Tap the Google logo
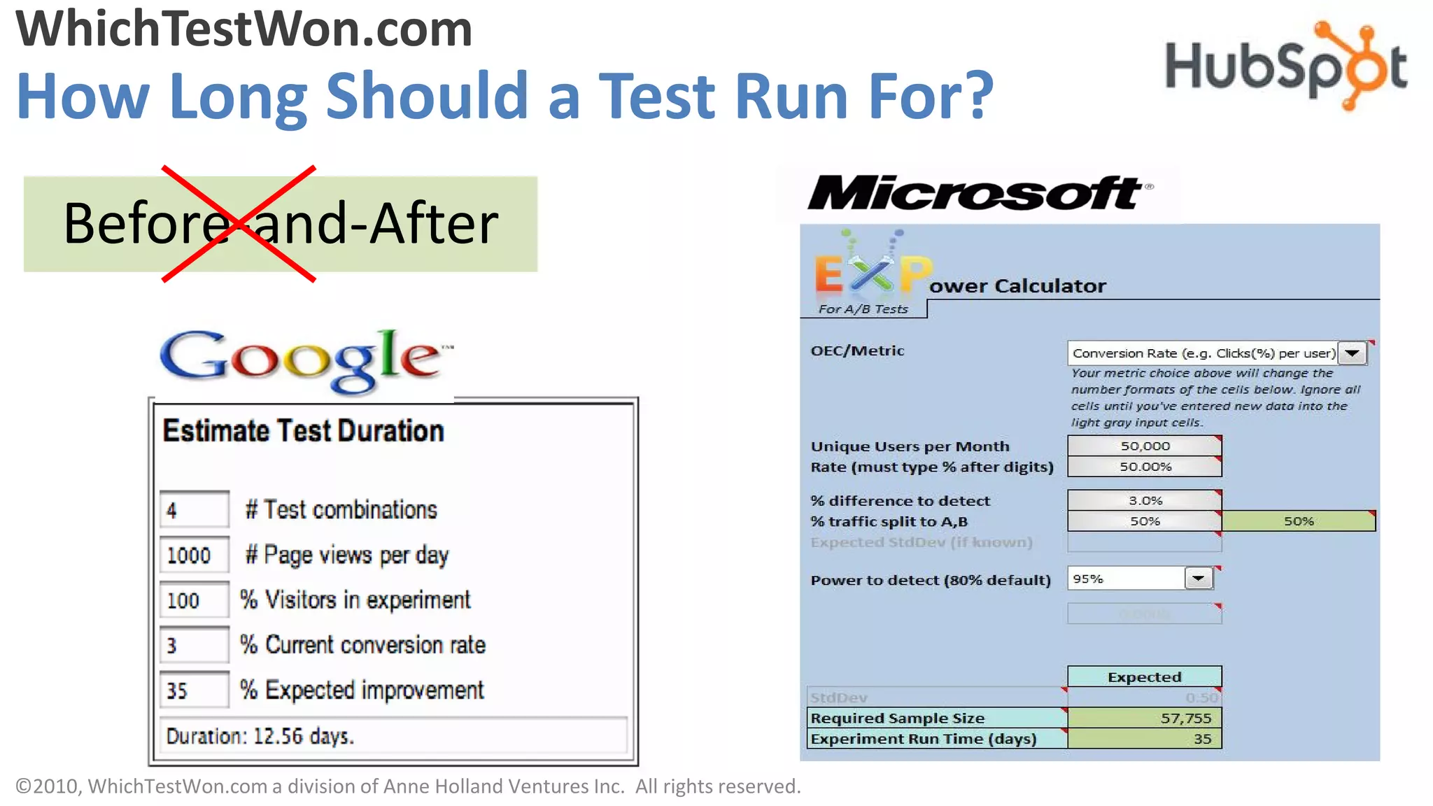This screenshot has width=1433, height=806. click(x=306, y=358)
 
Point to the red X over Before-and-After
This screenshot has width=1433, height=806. click(x=239, y=224)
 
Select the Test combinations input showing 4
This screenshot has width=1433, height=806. click(x=194, y=509)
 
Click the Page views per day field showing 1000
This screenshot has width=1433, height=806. click(x=194, y=555)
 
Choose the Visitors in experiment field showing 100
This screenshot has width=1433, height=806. click(x=194, y=600)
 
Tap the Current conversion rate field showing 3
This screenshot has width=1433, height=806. click(x=194, y=645)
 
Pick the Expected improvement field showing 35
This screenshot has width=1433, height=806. click(x=194, y=691)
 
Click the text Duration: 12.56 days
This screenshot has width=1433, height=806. click(x=260, y=737)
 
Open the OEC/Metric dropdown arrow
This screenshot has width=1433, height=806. click(x=1353, y=353)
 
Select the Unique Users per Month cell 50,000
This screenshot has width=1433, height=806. click(x=1144, y=446)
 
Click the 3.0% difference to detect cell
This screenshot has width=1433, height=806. click(x=1144, y=500)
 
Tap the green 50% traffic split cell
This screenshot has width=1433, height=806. click(x=1298, y=521)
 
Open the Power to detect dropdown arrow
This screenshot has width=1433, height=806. click(x=1199, y=579)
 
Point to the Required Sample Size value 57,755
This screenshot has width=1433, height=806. click(x=1144, y=718)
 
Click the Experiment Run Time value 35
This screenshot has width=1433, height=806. click(x=1144, y=739)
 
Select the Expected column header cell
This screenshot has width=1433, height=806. click(x=1144, y=677)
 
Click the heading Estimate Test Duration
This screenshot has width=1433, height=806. click(x=303, y=431)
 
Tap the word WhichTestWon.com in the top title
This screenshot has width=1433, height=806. click(x=244, y=29)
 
